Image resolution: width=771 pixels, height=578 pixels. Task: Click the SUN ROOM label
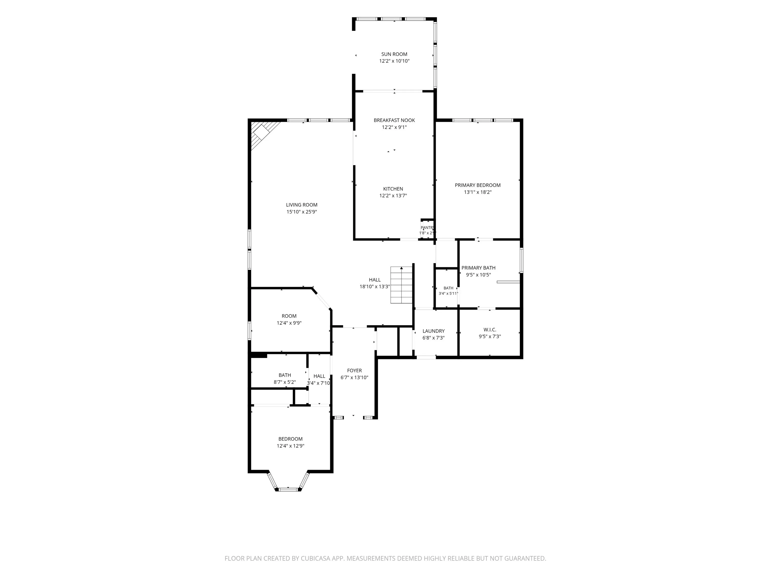tap(394, 54)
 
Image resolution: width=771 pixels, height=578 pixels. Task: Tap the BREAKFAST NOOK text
tap(394, 120)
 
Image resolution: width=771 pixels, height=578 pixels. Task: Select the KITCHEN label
tap(393, 189)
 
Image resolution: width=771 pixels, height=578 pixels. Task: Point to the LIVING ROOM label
tap(302, 205)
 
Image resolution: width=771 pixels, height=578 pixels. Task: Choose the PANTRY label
tap(427, 228)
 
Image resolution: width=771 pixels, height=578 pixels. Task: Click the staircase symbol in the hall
tap(402, 285)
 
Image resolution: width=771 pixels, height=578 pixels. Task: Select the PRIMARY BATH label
tap(478, 268)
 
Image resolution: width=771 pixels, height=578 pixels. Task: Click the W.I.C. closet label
tap(490, 330)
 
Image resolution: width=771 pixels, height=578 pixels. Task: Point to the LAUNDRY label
tap(434, 331)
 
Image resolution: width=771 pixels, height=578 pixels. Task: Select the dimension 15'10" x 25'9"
tap(302, 212)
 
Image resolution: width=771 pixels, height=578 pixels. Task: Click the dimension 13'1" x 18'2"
tap(478, 192)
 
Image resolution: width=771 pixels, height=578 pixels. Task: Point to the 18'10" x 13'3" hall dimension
tap(375, 287)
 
